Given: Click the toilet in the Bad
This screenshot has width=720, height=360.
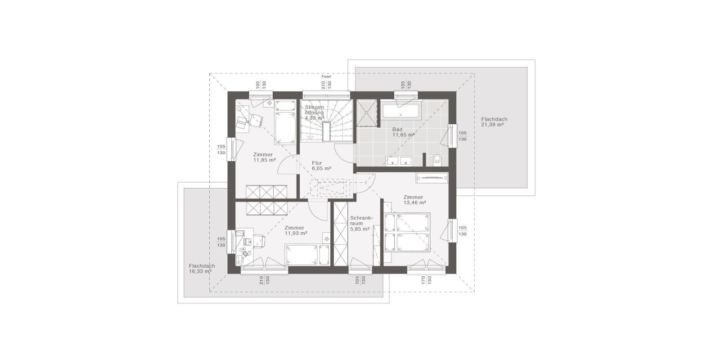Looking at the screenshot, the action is point(437,160).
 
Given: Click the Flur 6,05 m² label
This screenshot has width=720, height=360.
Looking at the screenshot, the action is point(321,166).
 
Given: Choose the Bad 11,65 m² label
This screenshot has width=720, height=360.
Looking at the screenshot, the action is point(403,132).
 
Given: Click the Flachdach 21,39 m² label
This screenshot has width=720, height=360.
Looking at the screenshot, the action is point(494,122).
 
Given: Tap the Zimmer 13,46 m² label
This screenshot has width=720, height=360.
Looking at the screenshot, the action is point(414,200).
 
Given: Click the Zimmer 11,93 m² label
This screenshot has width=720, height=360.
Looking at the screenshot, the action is point(296,230).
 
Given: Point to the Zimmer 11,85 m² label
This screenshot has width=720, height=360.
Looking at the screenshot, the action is point(264,157).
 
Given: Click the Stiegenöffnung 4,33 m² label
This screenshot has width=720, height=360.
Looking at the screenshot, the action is point(315,112).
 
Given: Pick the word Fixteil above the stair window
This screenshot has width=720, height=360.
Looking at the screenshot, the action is point(326,77).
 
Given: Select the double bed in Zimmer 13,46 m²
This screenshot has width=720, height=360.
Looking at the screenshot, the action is point(407,232).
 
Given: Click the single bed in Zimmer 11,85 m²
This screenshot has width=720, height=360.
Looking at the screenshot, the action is point(285,122).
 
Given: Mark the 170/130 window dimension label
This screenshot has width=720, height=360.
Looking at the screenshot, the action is point(426,280).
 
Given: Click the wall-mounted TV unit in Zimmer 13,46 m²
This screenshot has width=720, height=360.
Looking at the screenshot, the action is point(432,178).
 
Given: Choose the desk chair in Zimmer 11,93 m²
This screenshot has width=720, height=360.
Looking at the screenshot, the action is point(260,241).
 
